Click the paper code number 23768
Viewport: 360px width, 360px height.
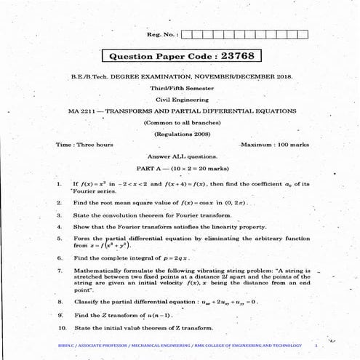239,56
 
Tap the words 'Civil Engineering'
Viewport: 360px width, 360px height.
181,100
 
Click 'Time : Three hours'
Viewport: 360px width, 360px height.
84,145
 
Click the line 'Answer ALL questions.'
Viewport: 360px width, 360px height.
181,156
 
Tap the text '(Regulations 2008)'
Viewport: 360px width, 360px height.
181,134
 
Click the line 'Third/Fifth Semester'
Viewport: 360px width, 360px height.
181,88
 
